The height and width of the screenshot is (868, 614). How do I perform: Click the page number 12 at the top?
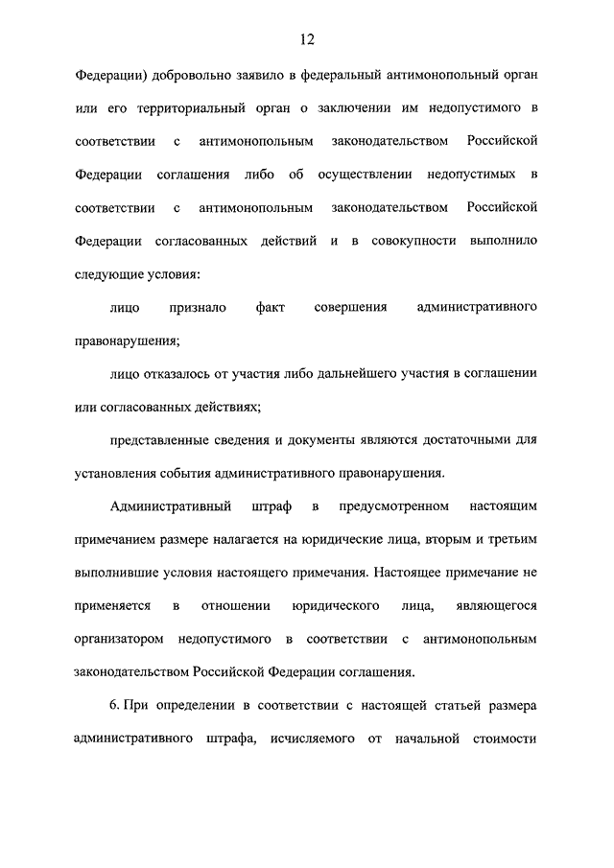tap(306, 39)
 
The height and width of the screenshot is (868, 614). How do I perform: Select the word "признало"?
tap(199, 308)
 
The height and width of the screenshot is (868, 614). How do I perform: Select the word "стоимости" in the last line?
tap(503, 739)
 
